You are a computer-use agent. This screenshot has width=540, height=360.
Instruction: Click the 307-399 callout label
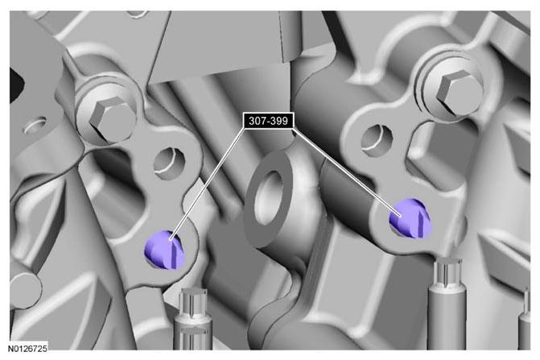268,121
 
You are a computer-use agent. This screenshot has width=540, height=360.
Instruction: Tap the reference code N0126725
27,348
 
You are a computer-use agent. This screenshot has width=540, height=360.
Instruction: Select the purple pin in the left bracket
165,250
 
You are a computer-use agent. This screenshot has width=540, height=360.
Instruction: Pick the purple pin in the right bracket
410,218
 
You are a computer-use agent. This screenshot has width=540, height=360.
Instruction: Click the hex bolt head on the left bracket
110,116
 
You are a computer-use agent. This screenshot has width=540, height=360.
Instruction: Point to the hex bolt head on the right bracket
459,90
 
